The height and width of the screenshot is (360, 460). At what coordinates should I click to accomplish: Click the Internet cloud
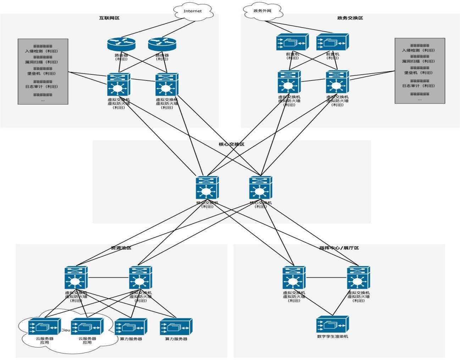click(x=193, y=11)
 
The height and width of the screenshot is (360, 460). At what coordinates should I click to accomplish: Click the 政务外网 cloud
click(x=262, y=11)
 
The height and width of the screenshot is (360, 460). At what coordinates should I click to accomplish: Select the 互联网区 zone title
click(x=109, y=18)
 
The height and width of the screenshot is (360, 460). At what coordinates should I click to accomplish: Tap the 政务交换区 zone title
click(x=350, y=18)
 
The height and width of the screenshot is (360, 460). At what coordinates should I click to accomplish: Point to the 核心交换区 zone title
click(x=232, y=144)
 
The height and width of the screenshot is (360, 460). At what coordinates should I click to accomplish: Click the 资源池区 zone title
click(x=121, y=248)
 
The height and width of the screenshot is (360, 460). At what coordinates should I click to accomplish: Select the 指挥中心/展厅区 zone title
click(x=339, y=248)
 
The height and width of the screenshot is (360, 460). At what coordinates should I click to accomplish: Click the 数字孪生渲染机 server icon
click(x=332, y=324)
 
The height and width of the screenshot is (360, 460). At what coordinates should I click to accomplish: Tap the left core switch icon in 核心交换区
click(x=207, y=188)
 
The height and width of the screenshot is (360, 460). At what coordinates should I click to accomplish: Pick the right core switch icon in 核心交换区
click(x=260, y=188)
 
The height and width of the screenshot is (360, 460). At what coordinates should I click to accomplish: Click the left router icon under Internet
click(x=121, y=44)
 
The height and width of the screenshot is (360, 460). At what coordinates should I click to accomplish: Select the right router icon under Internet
click(x=162, y=44)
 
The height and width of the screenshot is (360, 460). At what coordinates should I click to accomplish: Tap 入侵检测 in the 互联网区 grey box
click(x=41, y=51)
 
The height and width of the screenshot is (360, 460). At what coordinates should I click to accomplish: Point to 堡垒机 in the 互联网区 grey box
click(x=41, y=74)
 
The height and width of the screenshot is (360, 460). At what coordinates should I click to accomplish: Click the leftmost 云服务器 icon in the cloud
click(x=44, y=326)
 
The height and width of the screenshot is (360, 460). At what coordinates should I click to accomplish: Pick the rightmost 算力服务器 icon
click(x=176, y=327)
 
